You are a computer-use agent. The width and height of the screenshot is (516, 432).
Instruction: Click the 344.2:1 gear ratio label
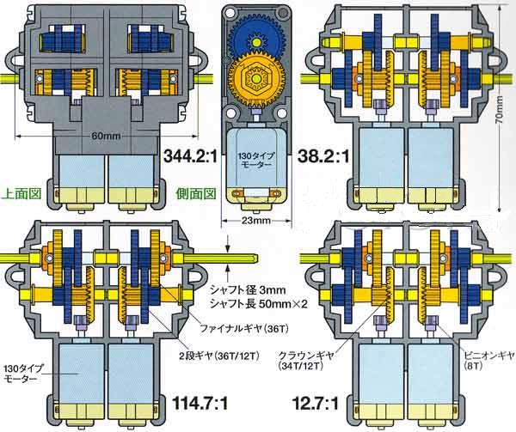(191, 156)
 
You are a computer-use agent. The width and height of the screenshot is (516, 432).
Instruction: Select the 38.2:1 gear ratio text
(323, 156)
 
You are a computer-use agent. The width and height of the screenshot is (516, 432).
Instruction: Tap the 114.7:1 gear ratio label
(200, 404)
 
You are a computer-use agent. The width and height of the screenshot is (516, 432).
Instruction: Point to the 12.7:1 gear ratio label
(316, 404)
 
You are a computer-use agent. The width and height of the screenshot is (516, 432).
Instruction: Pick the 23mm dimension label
(256, 220)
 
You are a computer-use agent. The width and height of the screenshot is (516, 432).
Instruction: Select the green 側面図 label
(196, 194)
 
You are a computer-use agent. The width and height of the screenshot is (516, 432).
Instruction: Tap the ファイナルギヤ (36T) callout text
(244, 329)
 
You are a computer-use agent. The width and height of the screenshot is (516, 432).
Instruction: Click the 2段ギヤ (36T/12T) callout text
(219, 355)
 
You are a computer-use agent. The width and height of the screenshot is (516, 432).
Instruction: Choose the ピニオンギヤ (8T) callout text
(488, 360)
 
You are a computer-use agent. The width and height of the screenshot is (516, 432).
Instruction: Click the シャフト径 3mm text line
(248, 290)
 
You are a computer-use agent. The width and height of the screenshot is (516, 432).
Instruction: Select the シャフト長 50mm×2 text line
(259, 305)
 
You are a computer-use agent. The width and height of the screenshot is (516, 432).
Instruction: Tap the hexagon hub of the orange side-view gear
(256, 78)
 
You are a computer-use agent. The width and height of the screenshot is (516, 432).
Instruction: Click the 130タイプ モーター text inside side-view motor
(256, 160)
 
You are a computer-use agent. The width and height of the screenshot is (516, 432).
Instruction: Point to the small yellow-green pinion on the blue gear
(255, 41)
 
